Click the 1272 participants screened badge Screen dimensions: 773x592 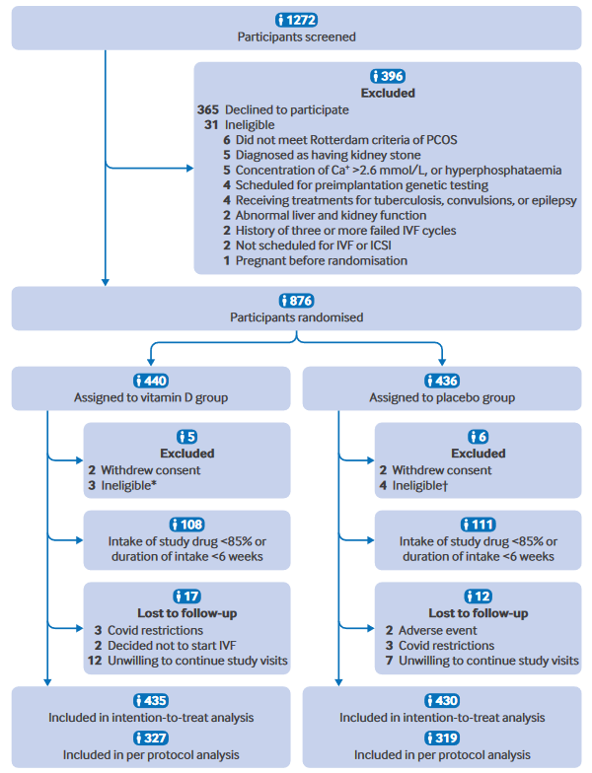pos(296,20)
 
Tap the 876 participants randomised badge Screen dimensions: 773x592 pos(296,299)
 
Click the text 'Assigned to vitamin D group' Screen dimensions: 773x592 pos(152,397)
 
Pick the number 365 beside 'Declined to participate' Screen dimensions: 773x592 pos(210,109)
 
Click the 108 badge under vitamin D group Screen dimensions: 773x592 pos(186,524)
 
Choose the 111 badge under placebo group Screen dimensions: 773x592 pos(478,524)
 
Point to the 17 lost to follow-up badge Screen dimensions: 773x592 pos(186,596)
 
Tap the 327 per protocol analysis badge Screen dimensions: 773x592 pos(151,738)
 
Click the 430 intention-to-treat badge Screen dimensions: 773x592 pos(442,700)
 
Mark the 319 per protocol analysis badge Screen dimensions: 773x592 pos(442,738)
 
